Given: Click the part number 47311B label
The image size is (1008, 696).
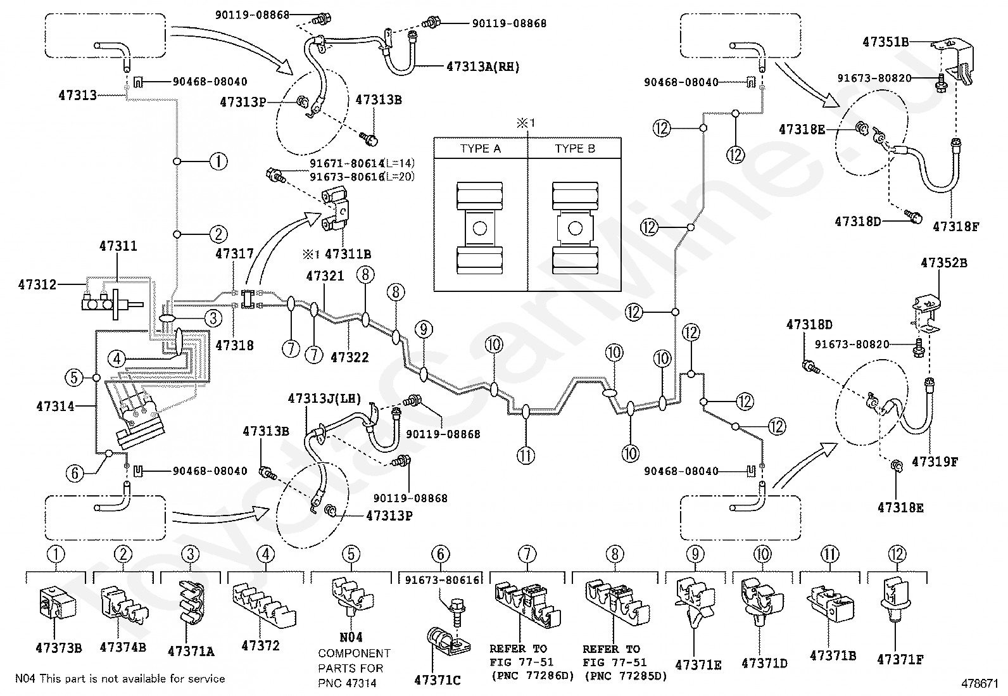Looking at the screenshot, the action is coord(348,255).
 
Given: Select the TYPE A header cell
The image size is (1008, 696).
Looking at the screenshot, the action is coord(481,149).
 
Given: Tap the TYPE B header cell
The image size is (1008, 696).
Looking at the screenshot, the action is coord(575,149).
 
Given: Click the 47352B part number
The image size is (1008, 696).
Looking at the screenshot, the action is coord(943,263).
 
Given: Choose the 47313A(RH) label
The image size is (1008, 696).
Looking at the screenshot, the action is coord(483,67).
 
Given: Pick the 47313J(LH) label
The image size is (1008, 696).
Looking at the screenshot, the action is coord(324,398).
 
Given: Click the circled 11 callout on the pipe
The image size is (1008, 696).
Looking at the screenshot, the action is coord(526,455).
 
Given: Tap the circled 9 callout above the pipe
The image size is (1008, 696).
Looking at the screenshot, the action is coord(424,329).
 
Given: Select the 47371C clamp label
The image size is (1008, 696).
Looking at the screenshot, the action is coord(438,680).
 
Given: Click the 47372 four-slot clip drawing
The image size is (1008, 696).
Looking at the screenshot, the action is coord(264,604).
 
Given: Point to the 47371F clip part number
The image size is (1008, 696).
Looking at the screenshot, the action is coord(900,659).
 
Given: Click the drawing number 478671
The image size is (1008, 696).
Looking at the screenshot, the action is coord(980,683).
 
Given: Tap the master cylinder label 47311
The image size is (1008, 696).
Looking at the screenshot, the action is coord(118,246).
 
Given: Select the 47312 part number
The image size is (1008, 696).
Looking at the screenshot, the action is coord(37,284).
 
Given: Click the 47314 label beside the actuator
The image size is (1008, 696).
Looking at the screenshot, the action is coord(55,406).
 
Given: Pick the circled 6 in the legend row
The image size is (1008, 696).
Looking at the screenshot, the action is coord(441,554).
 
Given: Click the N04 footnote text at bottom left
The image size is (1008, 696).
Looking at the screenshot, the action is coord(120,679).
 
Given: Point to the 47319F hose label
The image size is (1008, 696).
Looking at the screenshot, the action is coord(935,462).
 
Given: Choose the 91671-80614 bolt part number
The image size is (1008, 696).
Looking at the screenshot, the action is coord(346,163).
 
